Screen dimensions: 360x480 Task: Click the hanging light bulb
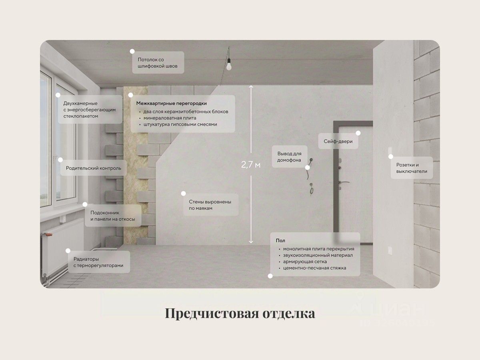(x=229, y=66)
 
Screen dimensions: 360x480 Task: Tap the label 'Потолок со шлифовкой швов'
(x=158, y=62)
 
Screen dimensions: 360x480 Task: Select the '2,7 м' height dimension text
(x=251, y=165)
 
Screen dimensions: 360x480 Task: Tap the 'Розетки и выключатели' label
(x=412, y=168)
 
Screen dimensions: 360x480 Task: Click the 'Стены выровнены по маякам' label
(x=210, y=205)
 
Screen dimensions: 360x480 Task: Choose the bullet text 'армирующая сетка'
(x=305, y=261)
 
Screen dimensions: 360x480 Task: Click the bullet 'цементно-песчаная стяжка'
(x=314, y=268)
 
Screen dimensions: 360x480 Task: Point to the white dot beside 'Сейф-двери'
(x=358, y=133)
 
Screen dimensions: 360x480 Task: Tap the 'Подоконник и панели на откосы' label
(x=112, y=216)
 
